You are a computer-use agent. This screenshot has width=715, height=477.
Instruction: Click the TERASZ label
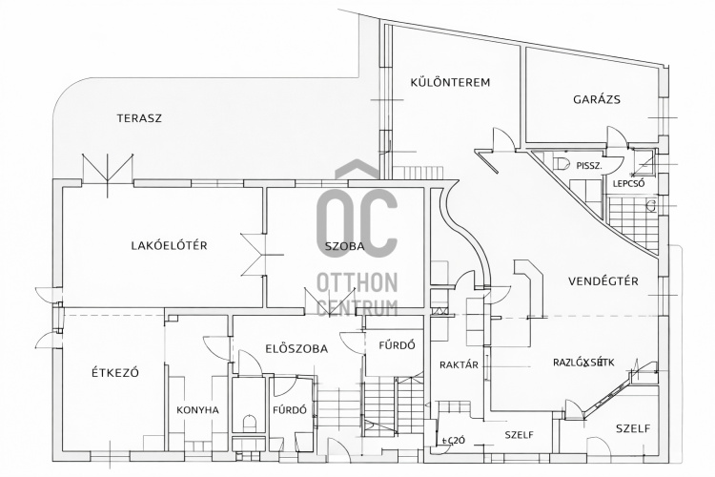[139, 118]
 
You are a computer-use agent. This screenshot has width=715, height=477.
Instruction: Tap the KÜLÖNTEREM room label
[450, 82]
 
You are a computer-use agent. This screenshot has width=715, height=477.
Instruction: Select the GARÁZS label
[597, 98]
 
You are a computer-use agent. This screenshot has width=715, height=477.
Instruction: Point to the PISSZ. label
[589, 165]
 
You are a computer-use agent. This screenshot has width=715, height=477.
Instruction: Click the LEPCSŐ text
[630, 183]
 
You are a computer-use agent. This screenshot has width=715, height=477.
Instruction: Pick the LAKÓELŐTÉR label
[169, 245]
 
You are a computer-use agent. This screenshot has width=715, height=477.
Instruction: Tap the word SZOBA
[344, 245]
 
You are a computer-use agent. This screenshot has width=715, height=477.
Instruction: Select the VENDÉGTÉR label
[603, 280]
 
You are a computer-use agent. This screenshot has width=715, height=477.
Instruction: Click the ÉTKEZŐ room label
[115, 372]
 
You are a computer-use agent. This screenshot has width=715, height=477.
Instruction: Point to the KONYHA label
[198, 410]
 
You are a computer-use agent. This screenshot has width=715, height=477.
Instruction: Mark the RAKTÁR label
[459, 364]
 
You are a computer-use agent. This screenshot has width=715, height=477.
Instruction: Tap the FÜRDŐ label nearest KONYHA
[289, 410]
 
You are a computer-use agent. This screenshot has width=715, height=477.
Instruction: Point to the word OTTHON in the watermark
[357, 282]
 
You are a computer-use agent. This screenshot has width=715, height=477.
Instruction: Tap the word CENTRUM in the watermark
[357, 307]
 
